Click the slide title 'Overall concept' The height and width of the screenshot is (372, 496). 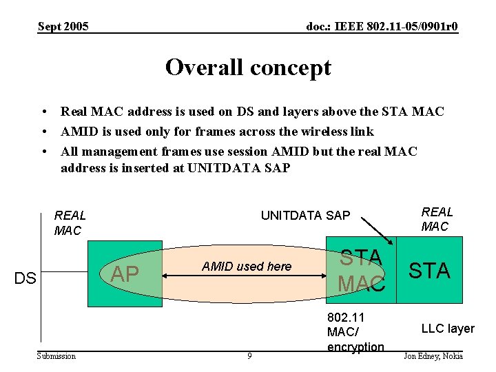[x=248, y=68]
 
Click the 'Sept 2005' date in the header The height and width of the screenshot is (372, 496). [x=63, y=27]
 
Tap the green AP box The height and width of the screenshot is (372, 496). [x=125, y=273]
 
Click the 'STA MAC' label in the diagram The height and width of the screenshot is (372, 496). [x=361, y=271]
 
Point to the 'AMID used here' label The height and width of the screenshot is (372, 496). [x=247, y=267]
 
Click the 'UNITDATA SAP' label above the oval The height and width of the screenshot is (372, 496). [x=305, y=216]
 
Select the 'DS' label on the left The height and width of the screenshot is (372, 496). [x=25, y=278]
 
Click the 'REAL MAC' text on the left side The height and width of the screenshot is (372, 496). [x=70, y=223]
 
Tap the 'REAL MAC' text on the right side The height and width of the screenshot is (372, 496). [x=437, y=219]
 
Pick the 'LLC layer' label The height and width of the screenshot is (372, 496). [x=448, y=329]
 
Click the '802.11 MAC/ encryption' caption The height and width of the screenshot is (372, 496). [x=355, y=332]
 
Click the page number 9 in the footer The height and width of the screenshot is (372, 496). [x=249, y=356]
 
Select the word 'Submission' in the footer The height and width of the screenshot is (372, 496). [x=57, y=356]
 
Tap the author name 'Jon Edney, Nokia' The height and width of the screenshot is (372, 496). [x=433, y=356]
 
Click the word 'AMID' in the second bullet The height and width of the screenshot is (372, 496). [x=79, y=132]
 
